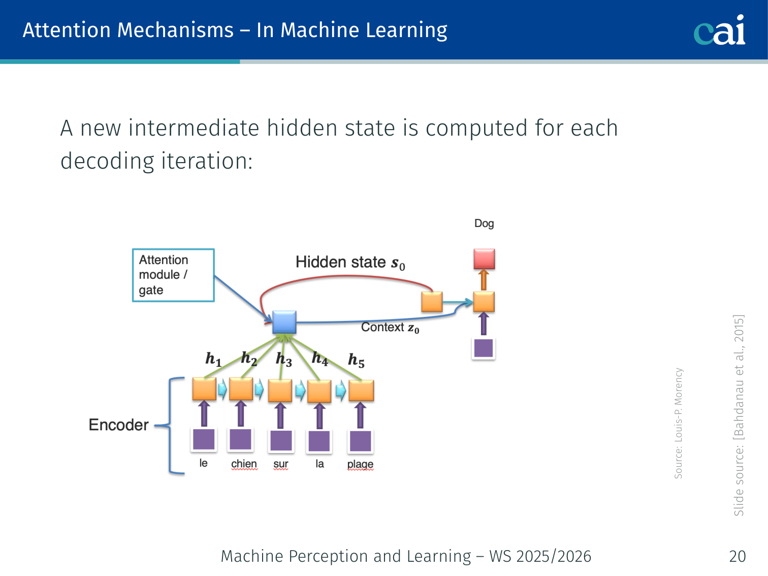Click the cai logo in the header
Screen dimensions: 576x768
(719, 30)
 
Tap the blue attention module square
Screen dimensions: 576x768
(284, 322)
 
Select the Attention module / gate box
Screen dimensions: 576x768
(173, 275)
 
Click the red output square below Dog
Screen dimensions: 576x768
(484, 259)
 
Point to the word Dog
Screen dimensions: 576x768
(484, 223)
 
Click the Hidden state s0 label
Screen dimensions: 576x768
(350, 263)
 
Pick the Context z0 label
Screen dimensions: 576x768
(390, 328)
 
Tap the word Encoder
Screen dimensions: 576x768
(118, 425)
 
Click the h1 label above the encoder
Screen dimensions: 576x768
(213, 359)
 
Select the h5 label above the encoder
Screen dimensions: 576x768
(356, 360)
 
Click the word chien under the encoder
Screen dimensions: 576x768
(244, 464)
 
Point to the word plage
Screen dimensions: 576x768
(360, 464)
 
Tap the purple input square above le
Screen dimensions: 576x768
(204, 439)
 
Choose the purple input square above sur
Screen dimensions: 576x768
(281, 440)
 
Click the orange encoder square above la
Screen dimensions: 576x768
(319, 391)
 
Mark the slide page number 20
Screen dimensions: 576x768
(737, 556)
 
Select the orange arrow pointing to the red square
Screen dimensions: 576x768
(484, 280)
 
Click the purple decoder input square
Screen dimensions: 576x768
(484, 348)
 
